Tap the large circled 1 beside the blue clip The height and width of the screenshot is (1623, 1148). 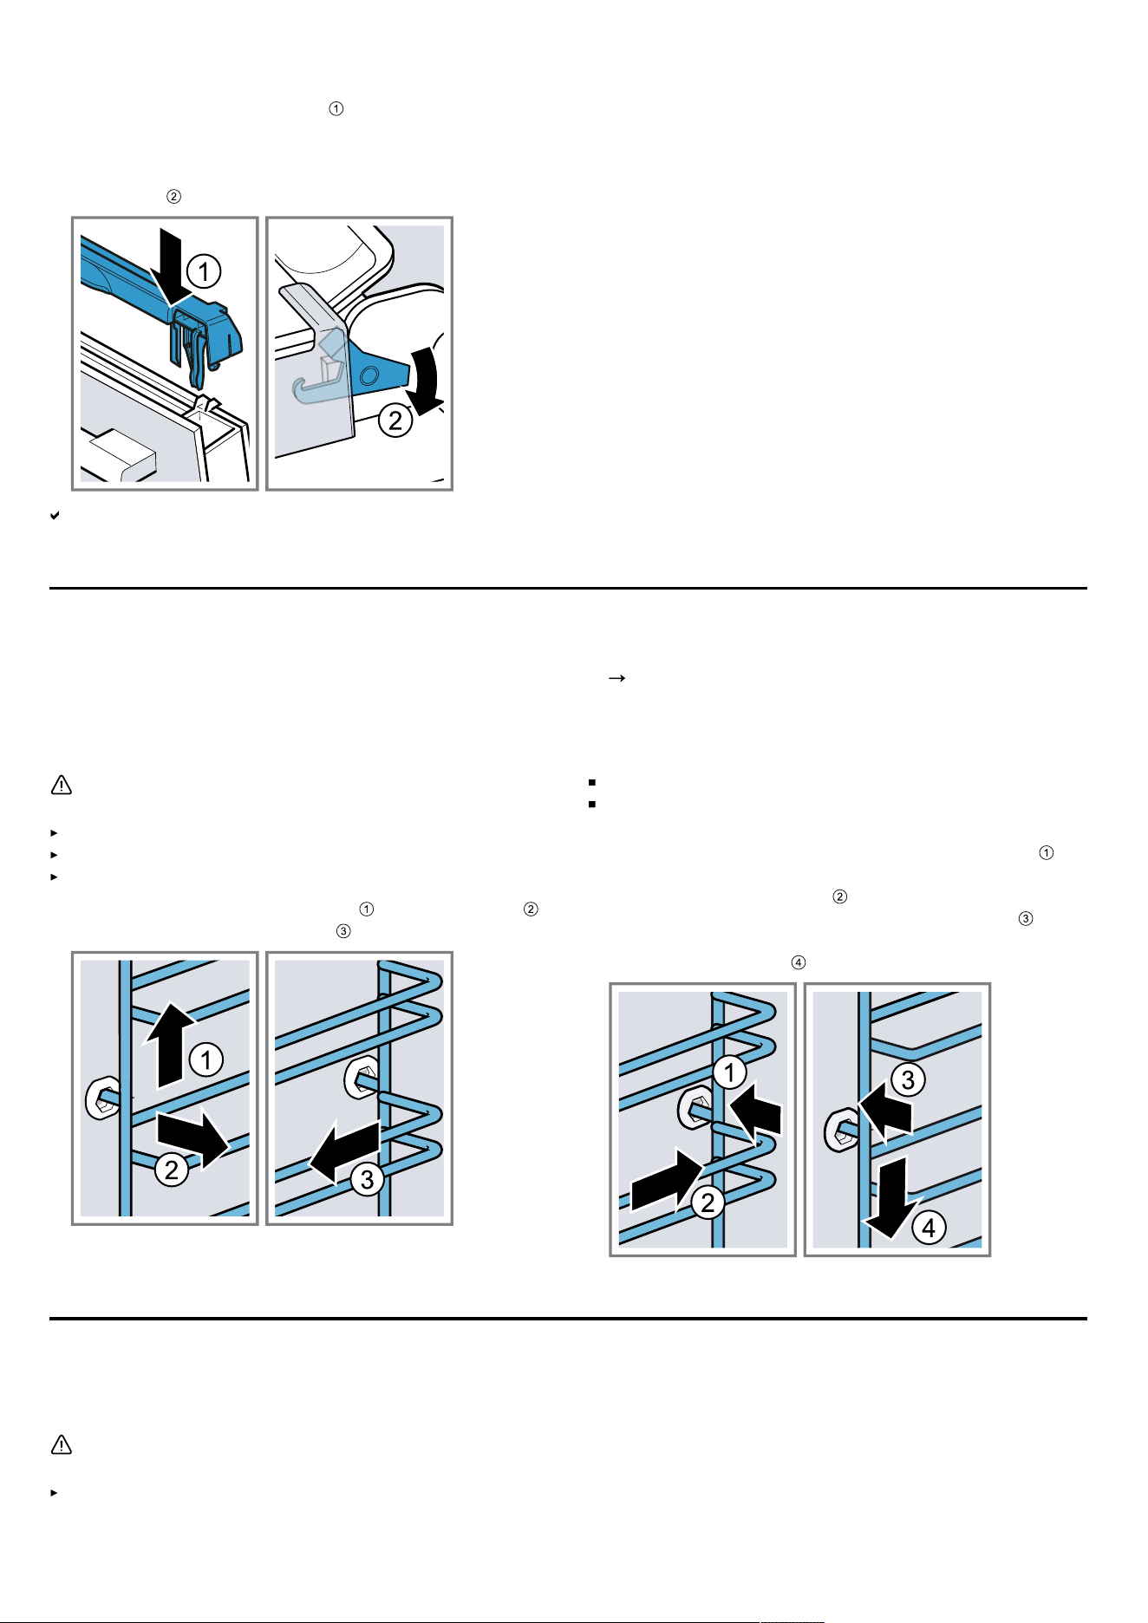[204, 271]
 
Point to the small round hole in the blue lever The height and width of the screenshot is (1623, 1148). [369, 375]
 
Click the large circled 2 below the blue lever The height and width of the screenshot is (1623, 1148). [395, 420]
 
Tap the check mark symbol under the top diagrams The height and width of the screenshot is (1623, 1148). [55, 516]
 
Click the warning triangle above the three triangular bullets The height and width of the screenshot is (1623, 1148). [62, 785]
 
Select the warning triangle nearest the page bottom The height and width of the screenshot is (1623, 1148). [62, 1444]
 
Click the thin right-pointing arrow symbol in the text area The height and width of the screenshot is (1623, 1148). [616, 679]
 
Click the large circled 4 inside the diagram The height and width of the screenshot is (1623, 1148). [929, 1228]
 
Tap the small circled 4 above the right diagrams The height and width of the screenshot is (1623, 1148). [799, 962]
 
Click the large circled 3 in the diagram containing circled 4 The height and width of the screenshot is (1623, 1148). [908, 1079]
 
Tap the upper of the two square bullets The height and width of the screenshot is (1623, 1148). [592, 782]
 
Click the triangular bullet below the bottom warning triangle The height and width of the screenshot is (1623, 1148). [54, 1493]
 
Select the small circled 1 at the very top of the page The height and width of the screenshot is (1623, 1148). [336, 108]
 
